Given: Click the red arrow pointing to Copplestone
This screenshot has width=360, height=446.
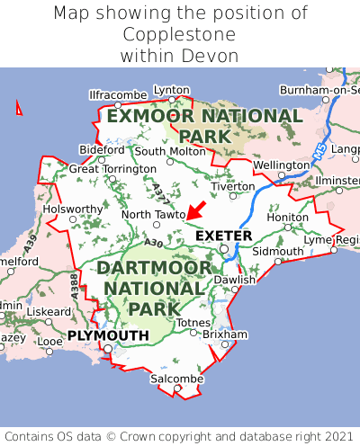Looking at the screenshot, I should [195, 210].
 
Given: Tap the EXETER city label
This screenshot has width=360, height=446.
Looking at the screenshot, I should [223, 236].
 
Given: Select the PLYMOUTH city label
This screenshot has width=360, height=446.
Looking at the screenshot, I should [108, 335].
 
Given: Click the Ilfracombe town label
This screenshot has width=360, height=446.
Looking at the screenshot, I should [118, 94].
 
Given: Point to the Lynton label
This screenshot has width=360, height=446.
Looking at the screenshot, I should [172, 90].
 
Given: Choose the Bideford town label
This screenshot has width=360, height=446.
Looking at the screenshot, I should [102, 149].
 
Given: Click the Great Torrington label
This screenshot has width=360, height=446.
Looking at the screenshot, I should [112, 168].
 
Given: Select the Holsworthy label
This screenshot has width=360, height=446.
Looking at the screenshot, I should [74, 209].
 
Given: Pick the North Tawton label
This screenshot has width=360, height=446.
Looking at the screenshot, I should [153, 214].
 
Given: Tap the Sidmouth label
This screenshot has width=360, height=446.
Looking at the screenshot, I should [277, 251].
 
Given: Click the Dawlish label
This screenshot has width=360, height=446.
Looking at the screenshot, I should [235, 280].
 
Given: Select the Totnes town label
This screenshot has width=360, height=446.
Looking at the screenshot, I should [193, 322].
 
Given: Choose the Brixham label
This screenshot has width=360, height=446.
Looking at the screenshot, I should [224, 334].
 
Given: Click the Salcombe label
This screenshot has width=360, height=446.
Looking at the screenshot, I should [176, 379].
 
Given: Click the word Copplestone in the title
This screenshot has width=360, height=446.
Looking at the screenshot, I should [180, 34].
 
